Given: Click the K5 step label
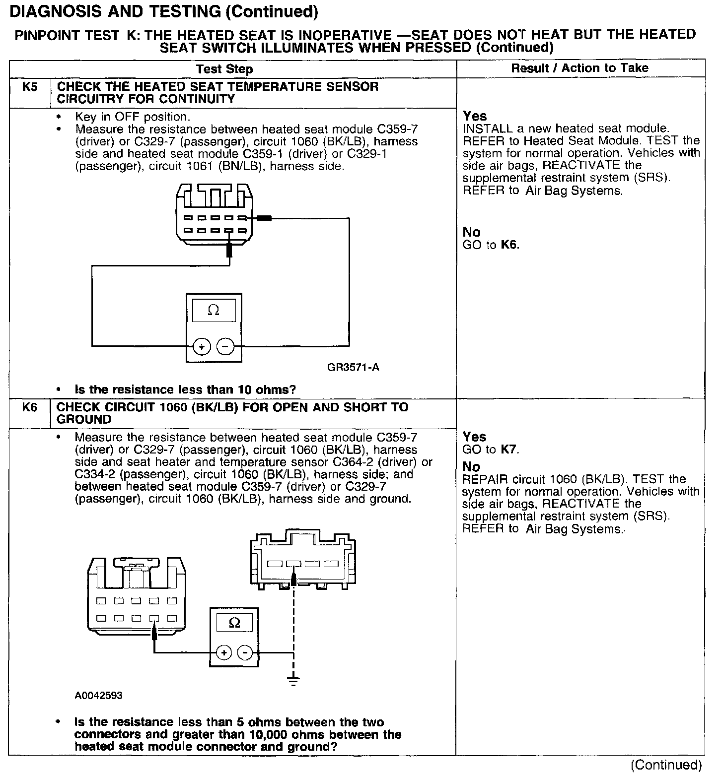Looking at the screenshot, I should coord(30,87).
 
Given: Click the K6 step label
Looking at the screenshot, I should coord(30,408).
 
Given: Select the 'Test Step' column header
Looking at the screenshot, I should coord(224,69).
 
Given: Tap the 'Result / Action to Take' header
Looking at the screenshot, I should coord(580,68).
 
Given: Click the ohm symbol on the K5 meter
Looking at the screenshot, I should coord(214,311).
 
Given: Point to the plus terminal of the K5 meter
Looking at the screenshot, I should coord(202,346).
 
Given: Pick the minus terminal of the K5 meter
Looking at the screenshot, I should coord(225,346).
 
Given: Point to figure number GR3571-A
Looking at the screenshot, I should coord(354,368).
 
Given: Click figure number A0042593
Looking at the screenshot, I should coord(99,696).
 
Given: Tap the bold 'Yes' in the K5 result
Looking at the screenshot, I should coord(475,116).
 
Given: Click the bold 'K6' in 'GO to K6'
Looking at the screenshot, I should coord(509,245).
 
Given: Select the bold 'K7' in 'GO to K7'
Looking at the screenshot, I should coord(509,450).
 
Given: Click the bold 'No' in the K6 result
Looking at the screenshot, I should coord(471,467).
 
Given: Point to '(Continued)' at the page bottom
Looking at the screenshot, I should coord(666,765).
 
